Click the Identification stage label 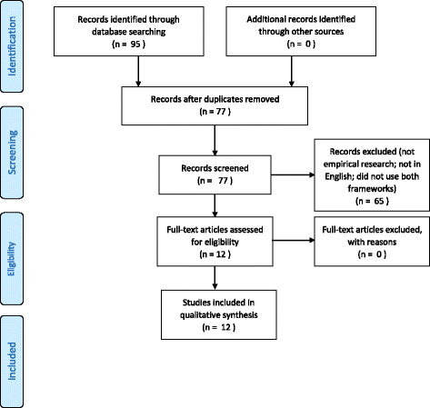(12, 48)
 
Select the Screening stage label (12, 149)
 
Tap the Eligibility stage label (12, 248)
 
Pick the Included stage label (12, 349)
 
